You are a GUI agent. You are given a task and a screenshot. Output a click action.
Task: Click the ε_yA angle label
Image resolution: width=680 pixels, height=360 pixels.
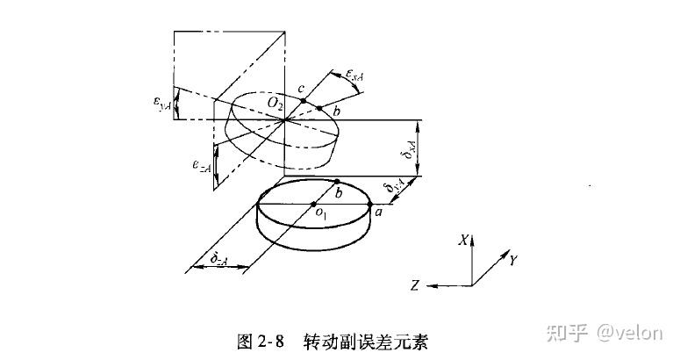[164, 104]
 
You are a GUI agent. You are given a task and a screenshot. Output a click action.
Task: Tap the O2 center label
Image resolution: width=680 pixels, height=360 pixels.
[276, 104]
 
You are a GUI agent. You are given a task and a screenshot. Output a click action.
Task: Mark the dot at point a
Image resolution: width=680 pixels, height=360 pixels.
[371, 203]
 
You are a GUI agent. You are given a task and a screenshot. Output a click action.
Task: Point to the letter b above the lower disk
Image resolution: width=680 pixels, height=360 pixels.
[340, 191]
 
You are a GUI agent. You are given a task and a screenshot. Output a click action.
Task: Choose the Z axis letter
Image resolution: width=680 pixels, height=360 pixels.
[413, 284]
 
